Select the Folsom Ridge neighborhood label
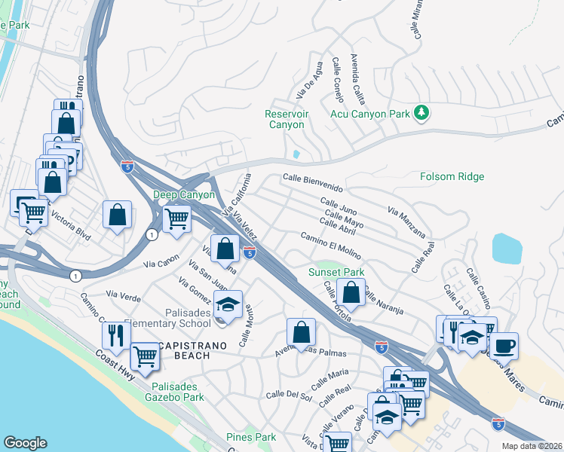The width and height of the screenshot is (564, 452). click(x=452, y=177)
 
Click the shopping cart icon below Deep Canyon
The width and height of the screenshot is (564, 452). click(x=176, y=219)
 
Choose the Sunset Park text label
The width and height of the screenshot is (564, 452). click(x=336, y=272)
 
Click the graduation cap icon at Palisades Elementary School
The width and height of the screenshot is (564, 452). click(x=228, y=304)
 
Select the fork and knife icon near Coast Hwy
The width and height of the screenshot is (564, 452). click(x=116, y=335)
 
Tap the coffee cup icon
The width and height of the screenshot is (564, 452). click(x=504, y=346)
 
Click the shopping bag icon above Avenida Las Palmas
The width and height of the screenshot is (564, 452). click(x=301, y=331)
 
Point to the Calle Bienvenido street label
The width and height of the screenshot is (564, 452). click(x=313, y=182)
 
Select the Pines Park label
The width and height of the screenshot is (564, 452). click(x=251, y=437)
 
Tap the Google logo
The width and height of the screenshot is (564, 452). click(x=25, y=443)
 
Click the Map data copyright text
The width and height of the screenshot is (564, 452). click(x=532, y=446)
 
